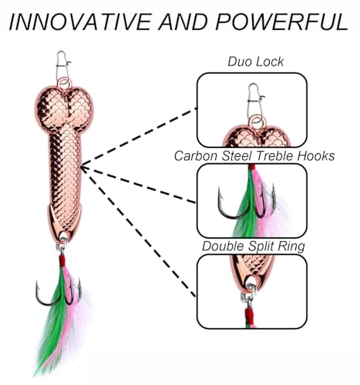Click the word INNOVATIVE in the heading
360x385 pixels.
(x=80, y=22)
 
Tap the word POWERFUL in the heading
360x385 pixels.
(x=281, y=22)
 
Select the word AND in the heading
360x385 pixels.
(x=183, y=22)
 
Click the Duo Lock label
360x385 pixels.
(x=256, y=62)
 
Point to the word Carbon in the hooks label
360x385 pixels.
(x=197, y=156)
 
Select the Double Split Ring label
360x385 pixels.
(x=254, y=246)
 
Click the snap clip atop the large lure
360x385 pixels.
(x=63, y=65)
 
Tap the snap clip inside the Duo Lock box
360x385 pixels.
(x=255, y=101)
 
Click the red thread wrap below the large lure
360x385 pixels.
(x=62, y=260)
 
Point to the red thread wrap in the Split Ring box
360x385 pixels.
(x=250, y=316)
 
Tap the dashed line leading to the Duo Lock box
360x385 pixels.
(x=139, y=138)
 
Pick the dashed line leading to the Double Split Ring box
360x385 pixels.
(x=138, y=233)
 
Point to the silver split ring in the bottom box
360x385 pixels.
(x=248, y=294)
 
